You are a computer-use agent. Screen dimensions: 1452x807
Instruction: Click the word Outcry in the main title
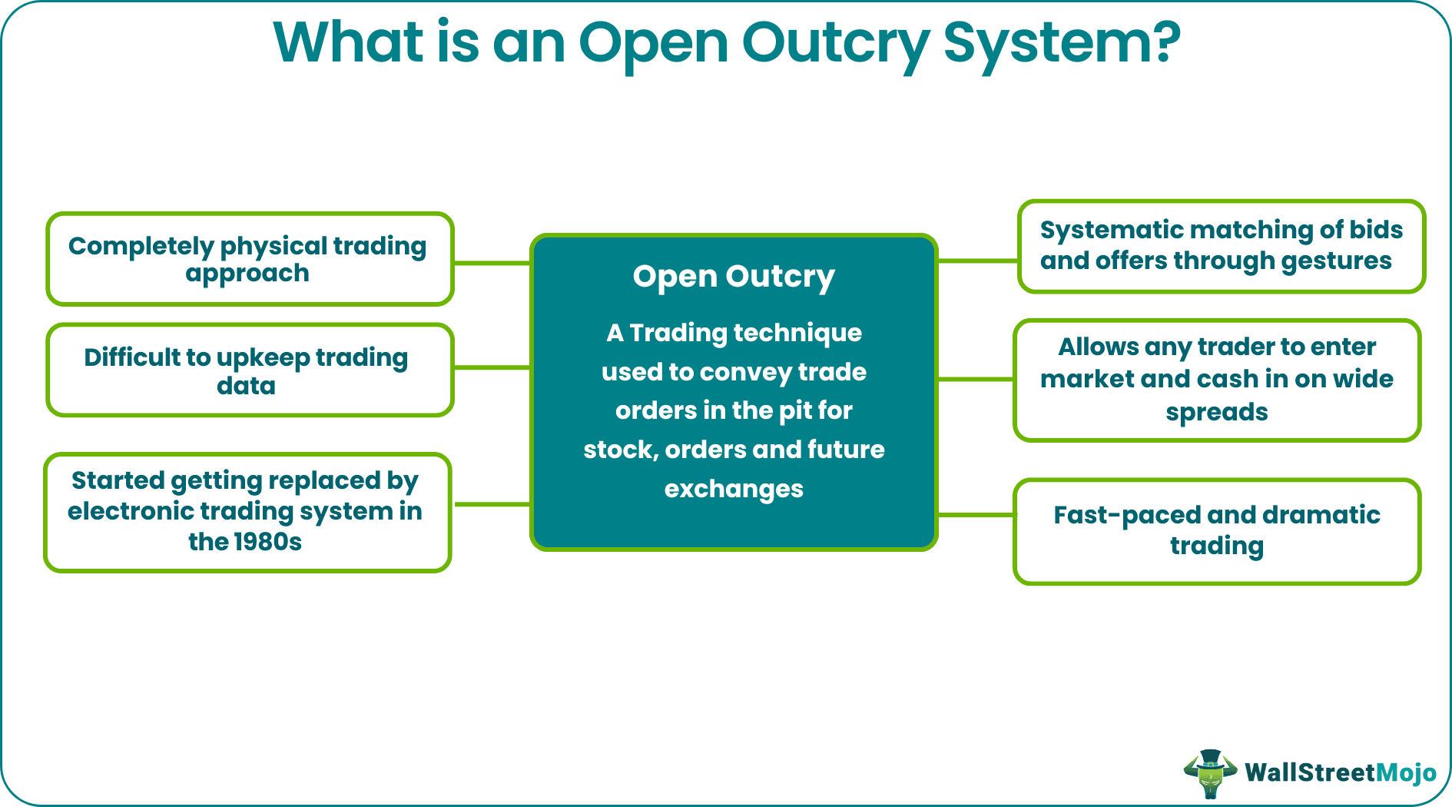[836, 43]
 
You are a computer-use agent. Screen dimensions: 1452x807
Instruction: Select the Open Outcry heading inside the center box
[734, 277]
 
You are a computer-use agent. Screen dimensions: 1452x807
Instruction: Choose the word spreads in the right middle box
[1216, 413]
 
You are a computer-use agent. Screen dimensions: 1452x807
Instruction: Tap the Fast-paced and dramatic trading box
[1217, 531]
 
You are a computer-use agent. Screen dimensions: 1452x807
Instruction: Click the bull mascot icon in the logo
[1210, 772]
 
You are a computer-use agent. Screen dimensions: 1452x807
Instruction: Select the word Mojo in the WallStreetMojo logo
[1405, 772]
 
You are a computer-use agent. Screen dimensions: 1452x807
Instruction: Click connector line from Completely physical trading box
[492, 264]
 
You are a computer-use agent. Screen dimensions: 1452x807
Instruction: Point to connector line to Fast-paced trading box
[976, 515]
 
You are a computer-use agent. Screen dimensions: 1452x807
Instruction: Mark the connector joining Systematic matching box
[977, 261]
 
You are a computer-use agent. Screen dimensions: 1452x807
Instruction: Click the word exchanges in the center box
[734, 489]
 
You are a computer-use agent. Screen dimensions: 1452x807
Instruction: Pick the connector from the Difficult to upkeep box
[492, 368]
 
